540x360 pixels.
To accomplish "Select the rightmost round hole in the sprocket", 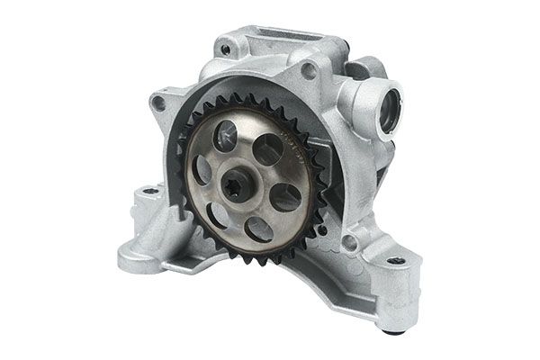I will pyautogui.click(x=285, y=195).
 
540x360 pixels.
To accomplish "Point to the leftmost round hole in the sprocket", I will pyautogui.click(x=202, y=168).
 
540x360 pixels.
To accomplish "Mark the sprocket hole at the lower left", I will pyautogui.click(x=219, y=213).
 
